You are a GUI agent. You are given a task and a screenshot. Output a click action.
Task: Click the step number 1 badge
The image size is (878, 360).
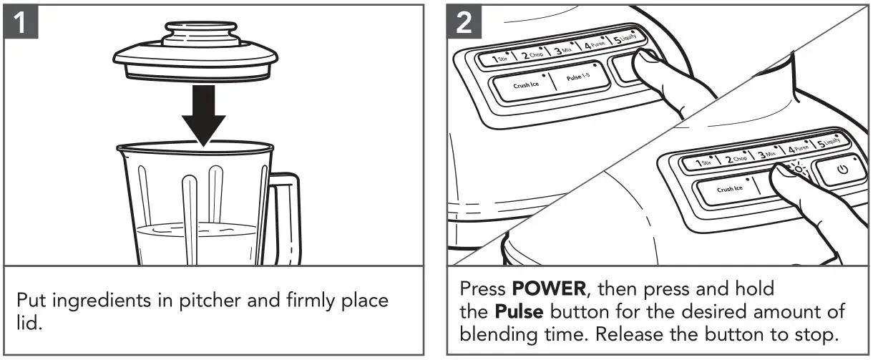point(24,24)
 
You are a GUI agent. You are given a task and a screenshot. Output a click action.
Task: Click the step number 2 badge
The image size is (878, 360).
point(464,24)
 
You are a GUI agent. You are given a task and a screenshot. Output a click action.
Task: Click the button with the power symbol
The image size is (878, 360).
point(842,171)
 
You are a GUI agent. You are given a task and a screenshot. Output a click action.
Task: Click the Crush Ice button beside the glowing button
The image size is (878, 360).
point(730,189)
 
